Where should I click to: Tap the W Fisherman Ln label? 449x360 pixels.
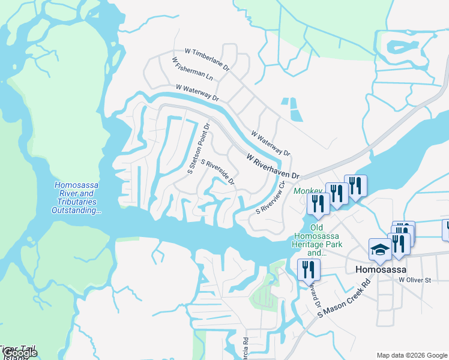tap(192, 69)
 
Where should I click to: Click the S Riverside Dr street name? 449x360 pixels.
tap(217, 172)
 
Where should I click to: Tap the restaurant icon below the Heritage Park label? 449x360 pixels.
tap(309, 269)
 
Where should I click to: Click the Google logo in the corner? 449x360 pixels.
tap(20, 353)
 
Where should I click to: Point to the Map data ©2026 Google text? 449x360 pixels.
tap(412, 355)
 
